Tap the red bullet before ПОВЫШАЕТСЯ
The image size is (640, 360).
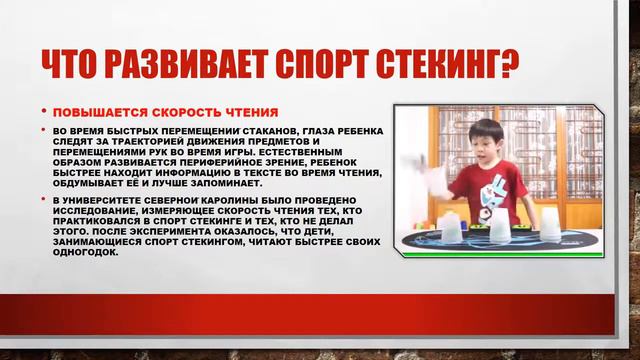click(x=43, y=112)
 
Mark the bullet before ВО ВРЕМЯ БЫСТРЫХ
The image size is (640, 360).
click(x=43, y=131)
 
